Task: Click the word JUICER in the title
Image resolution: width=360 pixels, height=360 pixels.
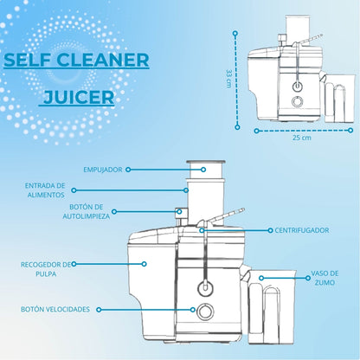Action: (x=80, y=97)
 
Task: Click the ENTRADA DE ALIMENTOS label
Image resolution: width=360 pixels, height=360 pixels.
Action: (x=45, y=190)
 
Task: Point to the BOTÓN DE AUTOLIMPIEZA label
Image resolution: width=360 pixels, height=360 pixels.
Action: (x=87, y=211)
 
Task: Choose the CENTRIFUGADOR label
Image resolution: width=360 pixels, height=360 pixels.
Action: (x=302, y=230)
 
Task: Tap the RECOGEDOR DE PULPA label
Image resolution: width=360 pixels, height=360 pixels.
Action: (x=46, y=269)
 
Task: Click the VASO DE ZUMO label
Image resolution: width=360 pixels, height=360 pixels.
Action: (x=325, y=278)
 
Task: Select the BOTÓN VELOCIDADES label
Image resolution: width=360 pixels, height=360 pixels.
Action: (x=55, y=309)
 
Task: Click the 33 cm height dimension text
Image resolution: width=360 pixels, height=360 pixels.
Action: (x=228, y=78)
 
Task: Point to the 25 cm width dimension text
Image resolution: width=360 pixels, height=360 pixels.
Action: (x=302, y=138)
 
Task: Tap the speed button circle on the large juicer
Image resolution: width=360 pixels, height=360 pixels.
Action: (x=205, y=311)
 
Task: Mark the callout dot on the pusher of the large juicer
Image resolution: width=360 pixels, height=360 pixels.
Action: (x=203, y=170)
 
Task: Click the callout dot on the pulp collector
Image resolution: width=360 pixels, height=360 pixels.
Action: (x=145, y=264)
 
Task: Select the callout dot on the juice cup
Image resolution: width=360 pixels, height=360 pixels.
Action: (x=261, y=278)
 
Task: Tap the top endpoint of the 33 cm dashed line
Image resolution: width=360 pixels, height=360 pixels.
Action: (x=235, y=34)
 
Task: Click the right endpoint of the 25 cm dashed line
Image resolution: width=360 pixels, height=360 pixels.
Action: (x=350, y=131)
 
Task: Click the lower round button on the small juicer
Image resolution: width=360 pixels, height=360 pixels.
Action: (x=297, y=101)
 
